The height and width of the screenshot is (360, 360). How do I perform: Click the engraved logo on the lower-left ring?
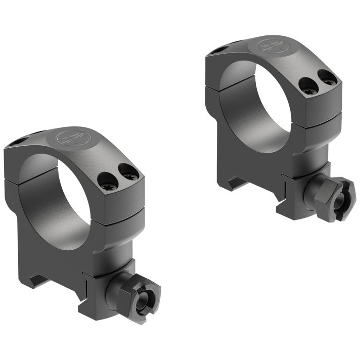coord(71,139)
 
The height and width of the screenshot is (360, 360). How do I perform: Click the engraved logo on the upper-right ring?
coord(273,47)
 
